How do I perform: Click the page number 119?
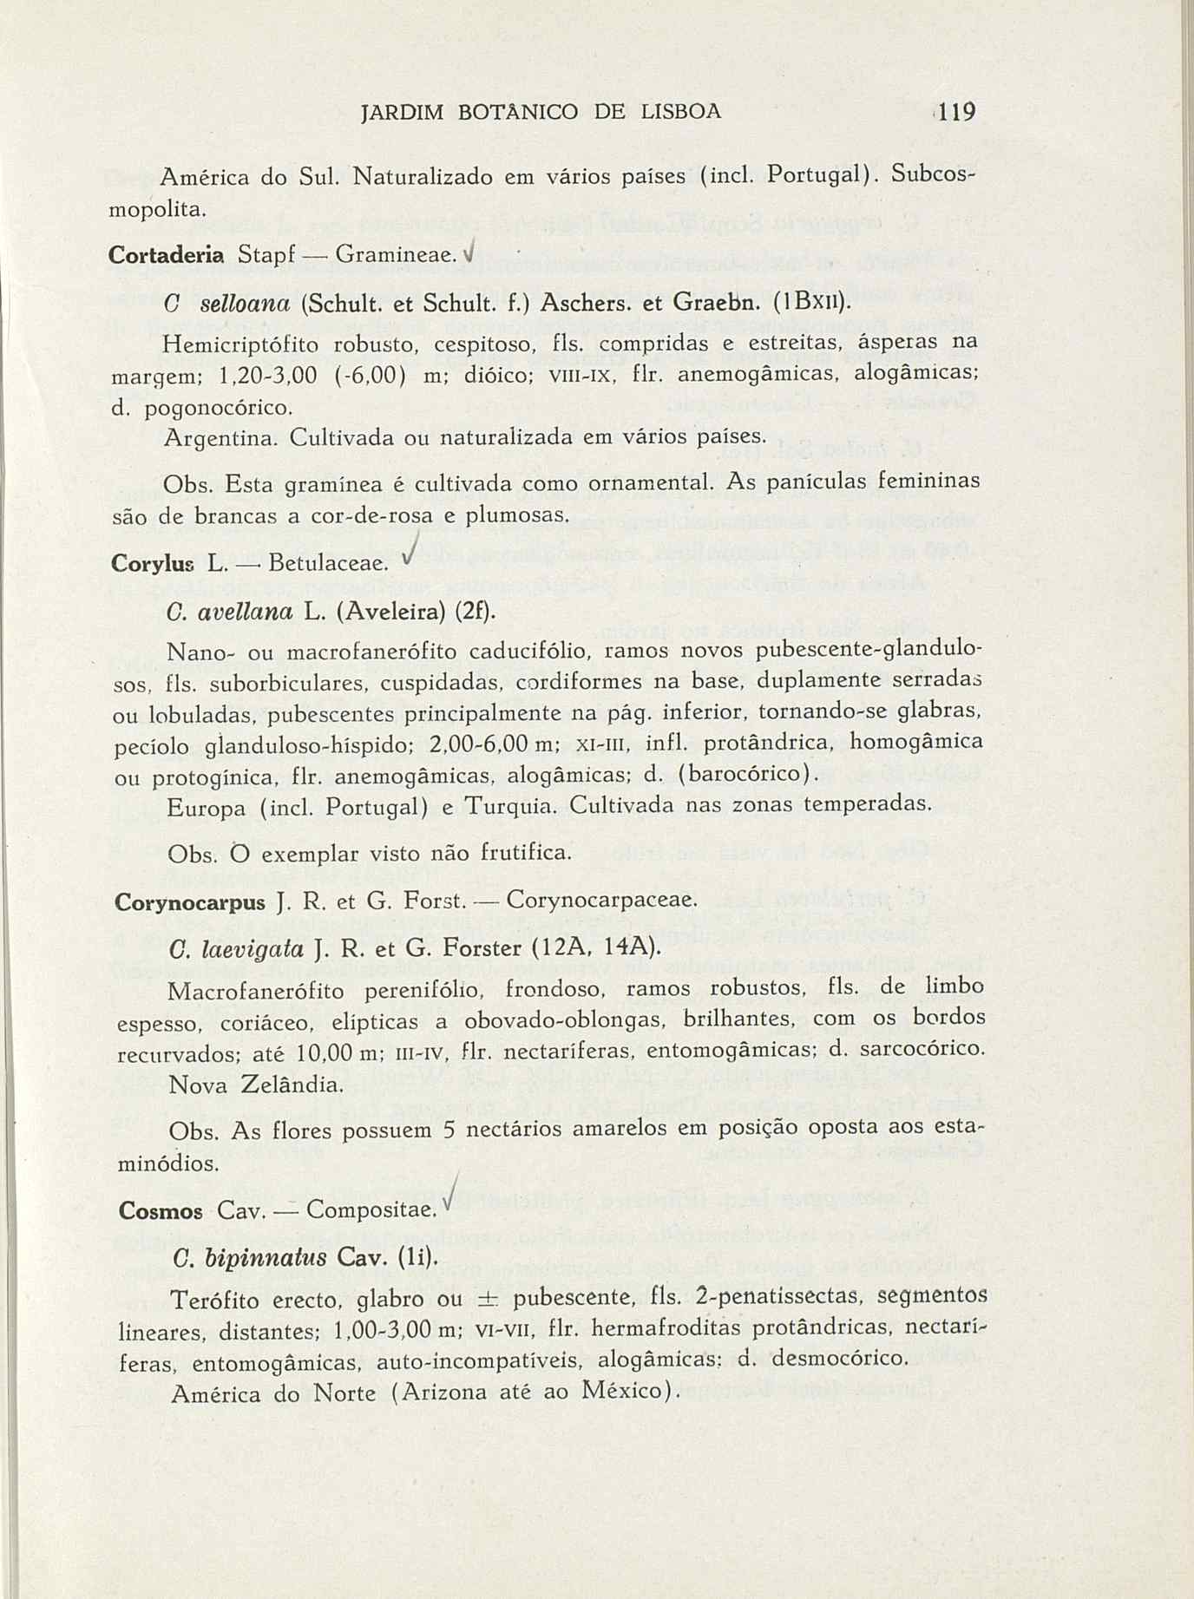(958, 113)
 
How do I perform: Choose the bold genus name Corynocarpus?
(189, 902)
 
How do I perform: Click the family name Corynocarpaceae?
(600, 901)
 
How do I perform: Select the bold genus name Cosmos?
(161, 1211)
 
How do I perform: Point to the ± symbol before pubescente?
(487, 1300)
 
